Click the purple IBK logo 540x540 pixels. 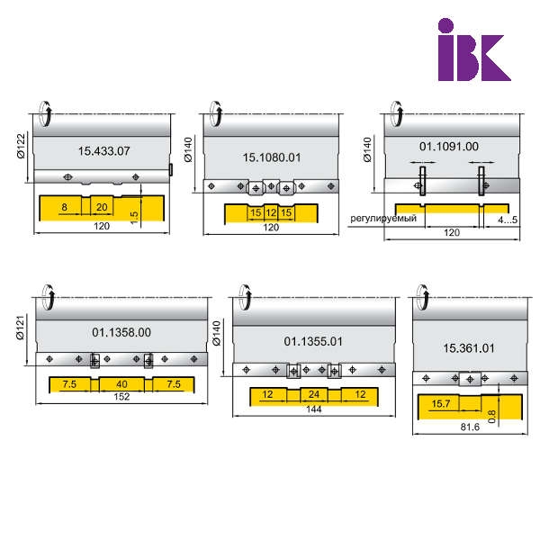474,49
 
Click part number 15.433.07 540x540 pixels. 104,151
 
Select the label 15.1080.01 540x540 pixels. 272,157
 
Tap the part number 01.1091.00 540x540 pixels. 449,147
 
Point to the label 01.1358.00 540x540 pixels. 121,332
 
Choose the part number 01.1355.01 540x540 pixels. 313,341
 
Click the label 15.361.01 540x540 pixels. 469,347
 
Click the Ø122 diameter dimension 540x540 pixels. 21,146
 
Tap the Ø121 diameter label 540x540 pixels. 21,328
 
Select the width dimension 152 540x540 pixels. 121,396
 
